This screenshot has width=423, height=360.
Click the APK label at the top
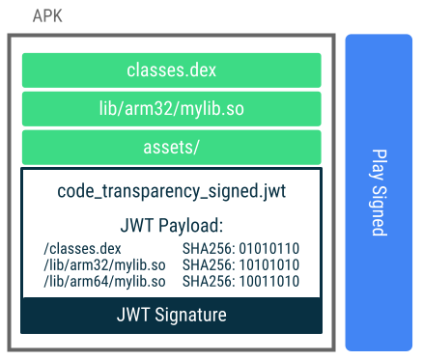[47, 16]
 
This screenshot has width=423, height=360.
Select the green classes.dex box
[171, 70]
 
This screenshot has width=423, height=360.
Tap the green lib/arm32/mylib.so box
[171, 109]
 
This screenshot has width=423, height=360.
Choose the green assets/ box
[171, 148]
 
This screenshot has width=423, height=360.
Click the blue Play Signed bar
[379, 192]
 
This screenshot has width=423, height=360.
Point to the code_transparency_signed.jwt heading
[171, 191]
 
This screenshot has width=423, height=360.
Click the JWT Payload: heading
[171, 227]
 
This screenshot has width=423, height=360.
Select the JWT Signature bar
[171, 315]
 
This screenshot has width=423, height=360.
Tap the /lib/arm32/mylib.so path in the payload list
[97, 263]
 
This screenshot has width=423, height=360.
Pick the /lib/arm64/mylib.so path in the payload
[97, 279]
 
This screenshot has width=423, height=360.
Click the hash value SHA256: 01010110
[240, 249]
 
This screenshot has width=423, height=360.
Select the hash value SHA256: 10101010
[240, 263]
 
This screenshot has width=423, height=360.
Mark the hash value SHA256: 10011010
[240, 279]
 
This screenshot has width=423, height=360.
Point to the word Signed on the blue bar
[379, 209]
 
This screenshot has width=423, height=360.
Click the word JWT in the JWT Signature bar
[132, 315]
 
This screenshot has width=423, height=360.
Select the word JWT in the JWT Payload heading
[136, 227]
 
